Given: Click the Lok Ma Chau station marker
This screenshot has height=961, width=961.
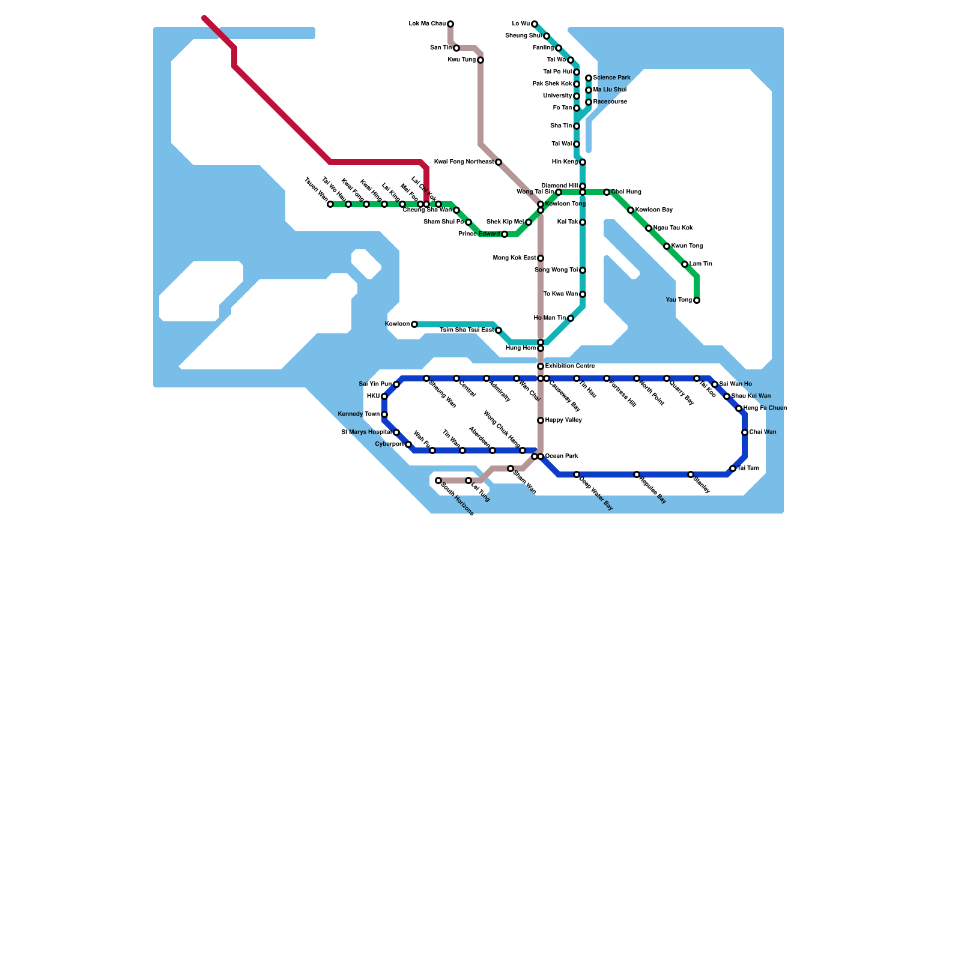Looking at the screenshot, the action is point(450,24).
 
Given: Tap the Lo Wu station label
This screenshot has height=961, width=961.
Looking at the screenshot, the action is point(521,24).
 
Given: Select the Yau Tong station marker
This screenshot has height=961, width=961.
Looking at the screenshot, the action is point(697,300).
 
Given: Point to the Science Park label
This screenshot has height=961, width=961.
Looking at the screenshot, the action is point(611,78).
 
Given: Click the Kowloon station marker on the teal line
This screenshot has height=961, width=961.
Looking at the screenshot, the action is point(414,324).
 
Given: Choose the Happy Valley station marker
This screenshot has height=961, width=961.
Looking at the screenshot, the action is point(541,420).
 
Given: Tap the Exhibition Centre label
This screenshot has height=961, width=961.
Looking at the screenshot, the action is point(570,366).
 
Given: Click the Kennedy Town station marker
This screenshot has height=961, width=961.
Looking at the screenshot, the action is point(384,414).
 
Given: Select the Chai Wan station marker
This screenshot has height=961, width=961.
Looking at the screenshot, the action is point(745,432).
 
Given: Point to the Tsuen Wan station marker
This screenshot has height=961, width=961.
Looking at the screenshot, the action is point(330,204).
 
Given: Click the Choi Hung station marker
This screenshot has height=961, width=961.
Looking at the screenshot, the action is point(607,192).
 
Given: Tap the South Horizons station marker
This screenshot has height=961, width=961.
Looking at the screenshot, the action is point(438,480).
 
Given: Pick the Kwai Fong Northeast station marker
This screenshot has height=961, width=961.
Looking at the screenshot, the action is point(499,162).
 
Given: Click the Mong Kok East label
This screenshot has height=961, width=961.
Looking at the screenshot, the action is point(514,258).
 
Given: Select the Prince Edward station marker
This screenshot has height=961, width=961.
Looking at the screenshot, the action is point(505,234).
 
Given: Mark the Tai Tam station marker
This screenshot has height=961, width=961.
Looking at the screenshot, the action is point(733,468).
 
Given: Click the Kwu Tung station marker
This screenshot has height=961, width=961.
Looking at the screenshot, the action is point(480,60).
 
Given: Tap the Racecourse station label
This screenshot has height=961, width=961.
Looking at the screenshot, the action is point(610,102).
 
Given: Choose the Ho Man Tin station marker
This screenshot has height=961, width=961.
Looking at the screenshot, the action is point(571,318).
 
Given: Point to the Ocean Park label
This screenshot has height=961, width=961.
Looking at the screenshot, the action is point(563,456).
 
